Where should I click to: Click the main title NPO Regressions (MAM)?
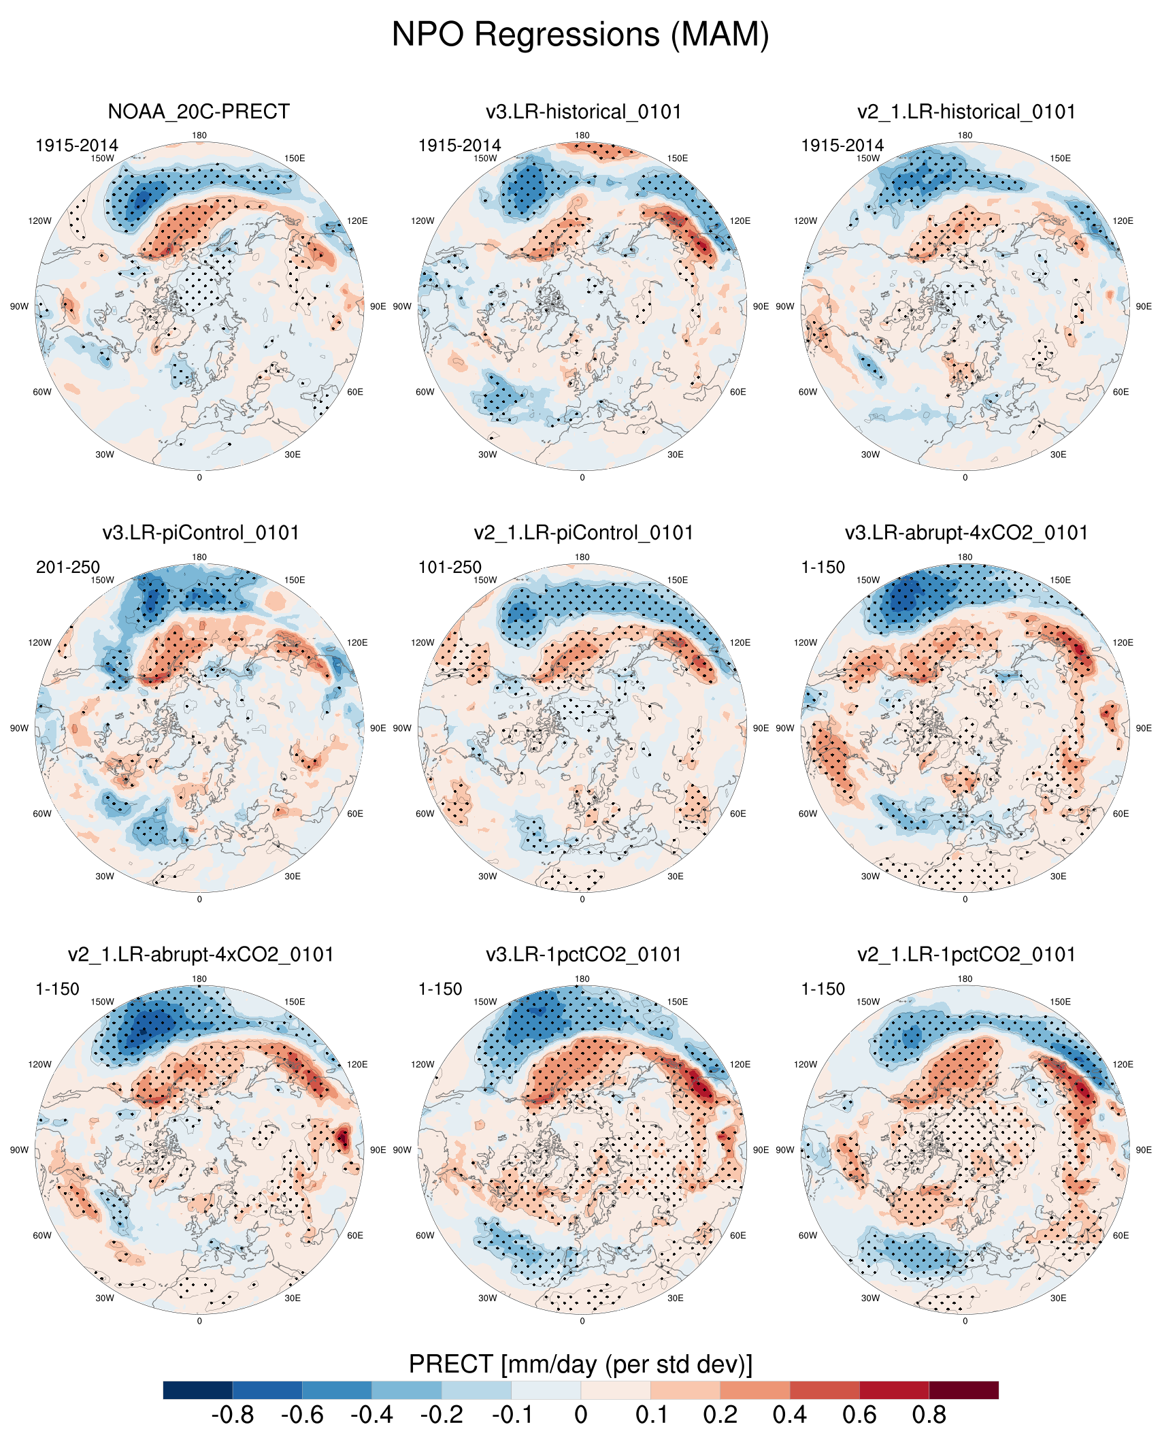click(580, 34)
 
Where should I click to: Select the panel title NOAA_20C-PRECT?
click(199, 112)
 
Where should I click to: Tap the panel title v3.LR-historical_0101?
click(583, 112)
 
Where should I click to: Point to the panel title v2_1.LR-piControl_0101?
click(583, 533)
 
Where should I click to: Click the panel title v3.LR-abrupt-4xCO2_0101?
click(966, 533)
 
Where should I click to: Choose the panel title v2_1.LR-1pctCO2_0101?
click(966, 955)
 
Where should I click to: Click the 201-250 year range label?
click(67, 567)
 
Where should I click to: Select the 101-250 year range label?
click(450, 567)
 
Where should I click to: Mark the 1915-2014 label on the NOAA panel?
click(76, 146)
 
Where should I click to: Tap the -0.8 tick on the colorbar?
click(233, 1415)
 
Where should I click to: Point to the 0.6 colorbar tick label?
click(859, 1415)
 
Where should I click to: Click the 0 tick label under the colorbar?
click(581, 1415)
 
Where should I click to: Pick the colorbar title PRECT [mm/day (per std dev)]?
click(580, 1364)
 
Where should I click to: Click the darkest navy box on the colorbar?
click(198, 1390)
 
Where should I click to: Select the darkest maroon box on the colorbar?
click(963, 1390)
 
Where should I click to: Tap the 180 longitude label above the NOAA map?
click(199, 135)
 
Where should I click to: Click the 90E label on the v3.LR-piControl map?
click(378, 728)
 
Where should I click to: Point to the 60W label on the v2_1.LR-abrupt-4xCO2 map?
click(42, 1236)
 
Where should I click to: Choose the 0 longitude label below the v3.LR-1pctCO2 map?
click(582, 1321)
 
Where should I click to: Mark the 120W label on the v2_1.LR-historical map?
click(806, 221)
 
